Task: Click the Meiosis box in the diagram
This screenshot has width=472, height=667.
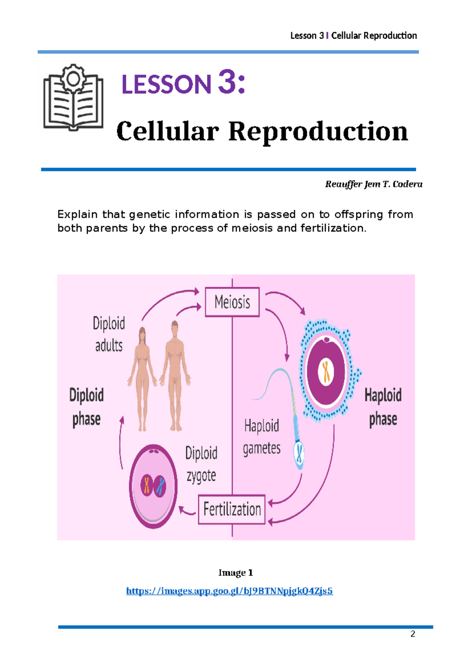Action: coord(232,302)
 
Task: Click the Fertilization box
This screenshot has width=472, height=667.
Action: coord(232,509)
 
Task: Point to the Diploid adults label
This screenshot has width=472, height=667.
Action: coord(109,334)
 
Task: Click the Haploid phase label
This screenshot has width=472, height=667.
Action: coord(383,407)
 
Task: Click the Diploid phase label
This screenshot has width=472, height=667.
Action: coord(87,407)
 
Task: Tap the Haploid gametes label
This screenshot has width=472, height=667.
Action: coord(262,437)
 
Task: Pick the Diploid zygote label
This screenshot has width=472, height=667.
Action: coord(201,464)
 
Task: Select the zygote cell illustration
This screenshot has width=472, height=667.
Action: coord(153,486)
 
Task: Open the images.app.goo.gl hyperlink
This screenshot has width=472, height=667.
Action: coord(229,591)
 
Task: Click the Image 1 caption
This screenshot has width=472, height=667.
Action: coord(236,573)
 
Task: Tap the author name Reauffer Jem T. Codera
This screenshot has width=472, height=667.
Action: coord(373,184)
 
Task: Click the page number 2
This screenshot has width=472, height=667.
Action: coord(413,634)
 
